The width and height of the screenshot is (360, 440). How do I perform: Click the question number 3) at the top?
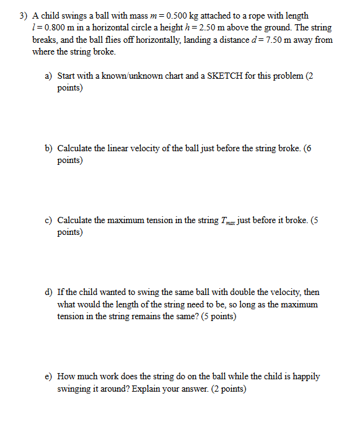[23, 15]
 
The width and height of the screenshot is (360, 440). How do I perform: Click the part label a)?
[48, 76]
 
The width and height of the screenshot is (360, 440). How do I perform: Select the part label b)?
[48, 149]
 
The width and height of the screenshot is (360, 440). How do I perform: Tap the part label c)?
[48, 221]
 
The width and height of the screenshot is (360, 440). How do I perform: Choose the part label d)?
[48, 293]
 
